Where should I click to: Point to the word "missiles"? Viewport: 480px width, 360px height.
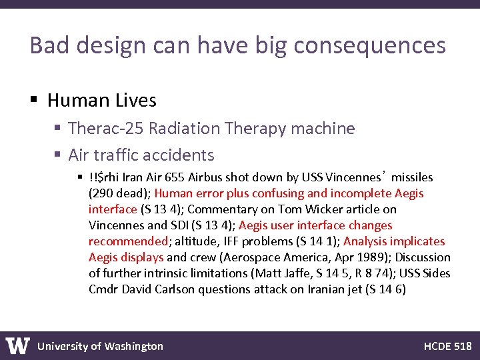pyautogui.click(x=411, y=177)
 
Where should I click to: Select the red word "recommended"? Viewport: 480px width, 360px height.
pyautogui.click(x=127, y=241)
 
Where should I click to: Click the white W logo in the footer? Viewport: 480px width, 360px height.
pyautogui.click(x=18, y=345)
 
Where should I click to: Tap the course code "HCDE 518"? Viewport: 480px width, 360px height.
pyautogui.click(x=447, y=346)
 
